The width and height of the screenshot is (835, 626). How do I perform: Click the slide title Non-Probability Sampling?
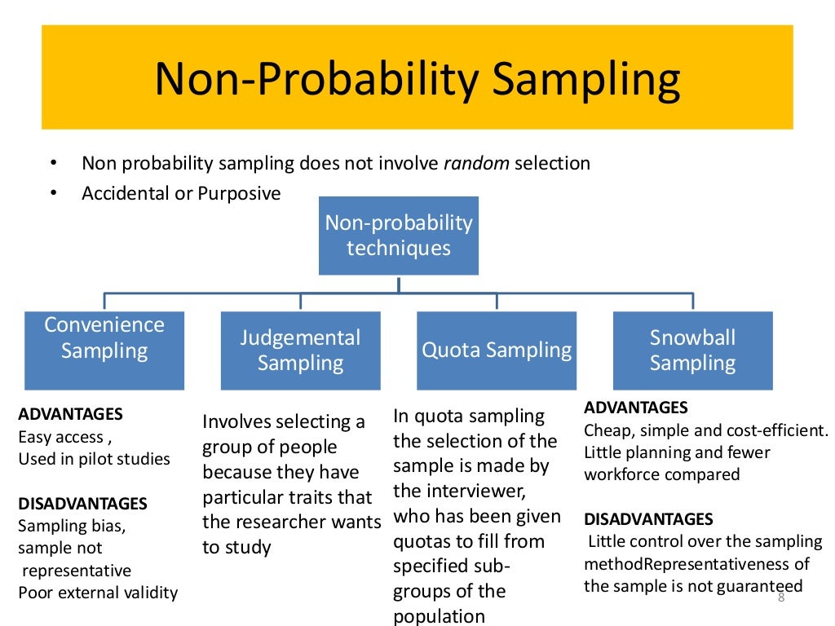[417, 80]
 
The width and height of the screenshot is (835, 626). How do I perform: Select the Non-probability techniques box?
[398, 236]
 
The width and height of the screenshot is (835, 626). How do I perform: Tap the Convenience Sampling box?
[104, 350]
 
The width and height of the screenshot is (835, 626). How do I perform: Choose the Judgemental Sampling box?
[300, 350]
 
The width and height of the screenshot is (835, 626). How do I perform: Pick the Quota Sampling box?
[496, 350]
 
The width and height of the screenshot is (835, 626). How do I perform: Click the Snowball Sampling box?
[692, 350]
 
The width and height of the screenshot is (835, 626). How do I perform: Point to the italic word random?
[476, 163]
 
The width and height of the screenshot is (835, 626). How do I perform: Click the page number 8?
[780, 597]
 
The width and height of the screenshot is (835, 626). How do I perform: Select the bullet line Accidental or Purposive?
[181, 194]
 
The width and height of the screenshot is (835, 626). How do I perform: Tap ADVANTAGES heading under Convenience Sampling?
[70, 414]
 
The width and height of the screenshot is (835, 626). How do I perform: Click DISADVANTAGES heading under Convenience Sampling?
[82, 504]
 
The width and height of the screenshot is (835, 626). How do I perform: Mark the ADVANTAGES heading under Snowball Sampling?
[636, 408]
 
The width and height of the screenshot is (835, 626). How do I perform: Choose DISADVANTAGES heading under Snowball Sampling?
[648, 519]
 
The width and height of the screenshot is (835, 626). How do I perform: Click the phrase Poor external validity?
[98, 593]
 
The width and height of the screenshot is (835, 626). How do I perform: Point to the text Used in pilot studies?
[94, 459]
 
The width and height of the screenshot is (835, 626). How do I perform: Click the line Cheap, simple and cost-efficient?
[705, 430]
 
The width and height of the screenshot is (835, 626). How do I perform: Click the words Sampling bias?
[72, 526]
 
